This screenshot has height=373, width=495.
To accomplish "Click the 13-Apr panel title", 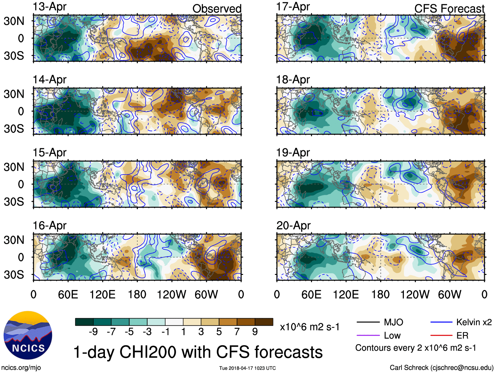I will pyautogui.click(x=49, y=7).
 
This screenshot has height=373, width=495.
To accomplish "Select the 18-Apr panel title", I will pyautogui.click(x=293, y=79).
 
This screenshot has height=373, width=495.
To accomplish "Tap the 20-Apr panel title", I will pyautogui.click(x=293, y=225).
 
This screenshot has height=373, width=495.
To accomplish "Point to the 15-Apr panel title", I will pyautogui.click(x=49, y=153).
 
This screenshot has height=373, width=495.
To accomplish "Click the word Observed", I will pyautogui.click(x=217, y=9).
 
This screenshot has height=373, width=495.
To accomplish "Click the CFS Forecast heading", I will pyautogui.click(x=449, y=9).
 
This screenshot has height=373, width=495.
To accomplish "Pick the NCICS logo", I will pyautogui.click(x=28, y=335).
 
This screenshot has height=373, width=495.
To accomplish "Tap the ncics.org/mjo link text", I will pyautogui.click(x=21, y=367).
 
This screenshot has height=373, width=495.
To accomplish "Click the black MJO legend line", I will pyautogui.click(x=368, y=322).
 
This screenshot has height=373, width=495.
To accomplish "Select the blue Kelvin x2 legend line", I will pyautogui.click(x=441, y=322).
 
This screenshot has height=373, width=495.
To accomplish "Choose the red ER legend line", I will pyautogui.click(x=441, y=335).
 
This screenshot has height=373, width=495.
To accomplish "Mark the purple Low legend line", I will pyautogui.click(x=368, y=335).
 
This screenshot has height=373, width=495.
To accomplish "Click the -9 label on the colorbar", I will pyautogui.click(x=93, y=332).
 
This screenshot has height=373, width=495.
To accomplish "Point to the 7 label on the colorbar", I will pyautogui.click(x=237, y=332).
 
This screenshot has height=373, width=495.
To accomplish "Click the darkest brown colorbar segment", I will pyautogui.click(x=264, y=322).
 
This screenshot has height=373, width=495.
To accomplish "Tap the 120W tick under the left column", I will pyautogui.click(x=171, y=294).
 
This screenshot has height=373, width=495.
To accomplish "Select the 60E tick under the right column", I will pyautogui.click(x=311, y=294).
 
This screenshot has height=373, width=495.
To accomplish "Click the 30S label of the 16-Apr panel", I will pyautogui.click(x=14, y=274).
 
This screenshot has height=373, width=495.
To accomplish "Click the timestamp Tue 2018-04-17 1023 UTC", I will pyautogui.click(x=247, y=368).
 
